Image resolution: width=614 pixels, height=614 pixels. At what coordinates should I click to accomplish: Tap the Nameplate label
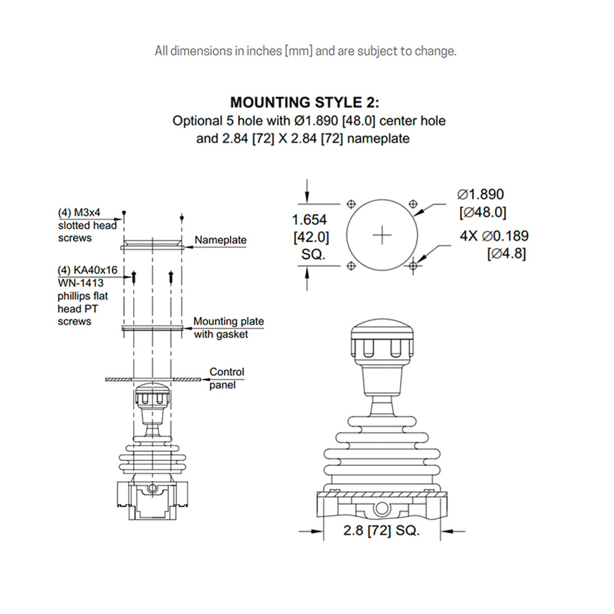coord(221,240)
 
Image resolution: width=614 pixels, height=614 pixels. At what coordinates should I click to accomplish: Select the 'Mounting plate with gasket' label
coord(228,328)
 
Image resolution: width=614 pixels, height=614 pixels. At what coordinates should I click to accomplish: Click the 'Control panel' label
coord(226,378)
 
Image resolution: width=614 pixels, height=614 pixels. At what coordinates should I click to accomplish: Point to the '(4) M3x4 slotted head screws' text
coord(87,225)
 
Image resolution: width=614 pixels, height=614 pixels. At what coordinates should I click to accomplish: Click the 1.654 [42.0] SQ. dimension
coord(309,236)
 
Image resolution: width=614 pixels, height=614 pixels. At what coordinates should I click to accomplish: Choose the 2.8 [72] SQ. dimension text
coord(381,531)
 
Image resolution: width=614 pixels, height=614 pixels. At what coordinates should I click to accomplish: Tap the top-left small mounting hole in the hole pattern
coord(351,204)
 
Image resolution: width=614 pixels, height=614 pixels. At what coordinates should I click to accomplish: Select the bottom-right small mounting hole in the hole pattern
coord(413,265)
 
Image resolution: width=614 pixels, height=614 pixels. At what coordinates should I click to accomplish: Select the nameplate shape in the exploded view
coord(152,244)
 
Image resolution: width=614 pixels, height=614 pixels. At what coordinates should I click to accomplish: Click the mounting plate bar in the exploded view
coord(152,328)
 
